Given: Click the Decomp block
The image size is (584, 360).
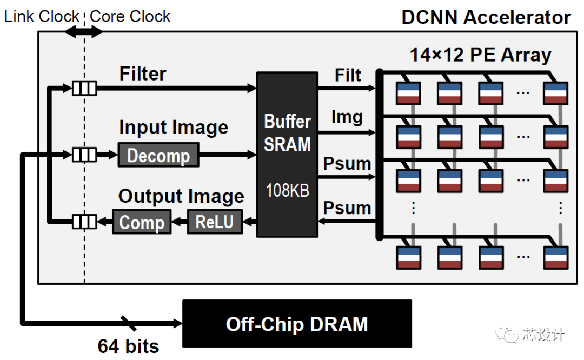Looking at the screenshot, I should coord(158,156).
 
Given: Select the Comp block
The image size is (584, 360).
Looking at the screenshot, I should coord(141,222).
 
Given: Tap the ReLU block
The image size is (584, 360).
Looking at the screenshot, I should coord(215,222).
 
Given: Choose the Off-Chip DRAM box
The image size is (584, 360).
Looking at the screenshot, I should coord(297,324).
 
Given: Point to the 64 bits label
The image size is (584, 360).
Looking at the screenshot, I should coord(129,346).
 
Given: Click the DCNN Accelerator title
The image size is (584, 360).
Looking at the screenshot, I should coord(486,17).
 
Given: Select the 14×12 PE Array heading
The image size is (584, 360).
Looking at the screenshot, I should coord(480,55).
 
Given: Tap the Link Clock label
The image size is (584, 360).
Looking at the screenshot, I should coord(42,17).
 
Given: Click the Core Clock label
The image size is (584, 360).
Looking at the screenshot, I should coord(130,17).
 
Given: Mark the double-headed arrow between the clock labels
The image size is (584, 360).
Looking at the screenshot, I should coord(84,32).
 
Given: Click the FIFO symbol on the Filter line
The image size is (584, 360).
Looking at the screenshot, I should coord(84,88).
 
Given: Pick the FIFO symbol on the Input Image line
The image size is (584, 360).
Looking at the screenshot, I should coord(84,156).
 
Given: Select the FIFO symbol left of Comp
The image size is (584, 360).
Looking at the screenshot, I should coord(84,222).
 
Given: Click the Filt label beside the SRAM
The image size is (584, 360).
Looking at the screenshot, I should coord(348,76).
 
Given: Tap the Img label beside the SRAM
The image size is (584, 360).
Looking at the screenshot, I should coord(347,118).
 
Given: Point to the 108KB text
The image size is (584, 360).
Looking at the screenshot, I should coord(287,190).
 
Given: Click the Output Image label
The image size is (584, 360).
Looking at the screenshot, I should coord(181,196).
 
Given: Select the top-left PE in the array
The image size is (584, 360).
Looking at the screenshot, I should coord(408,93).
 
